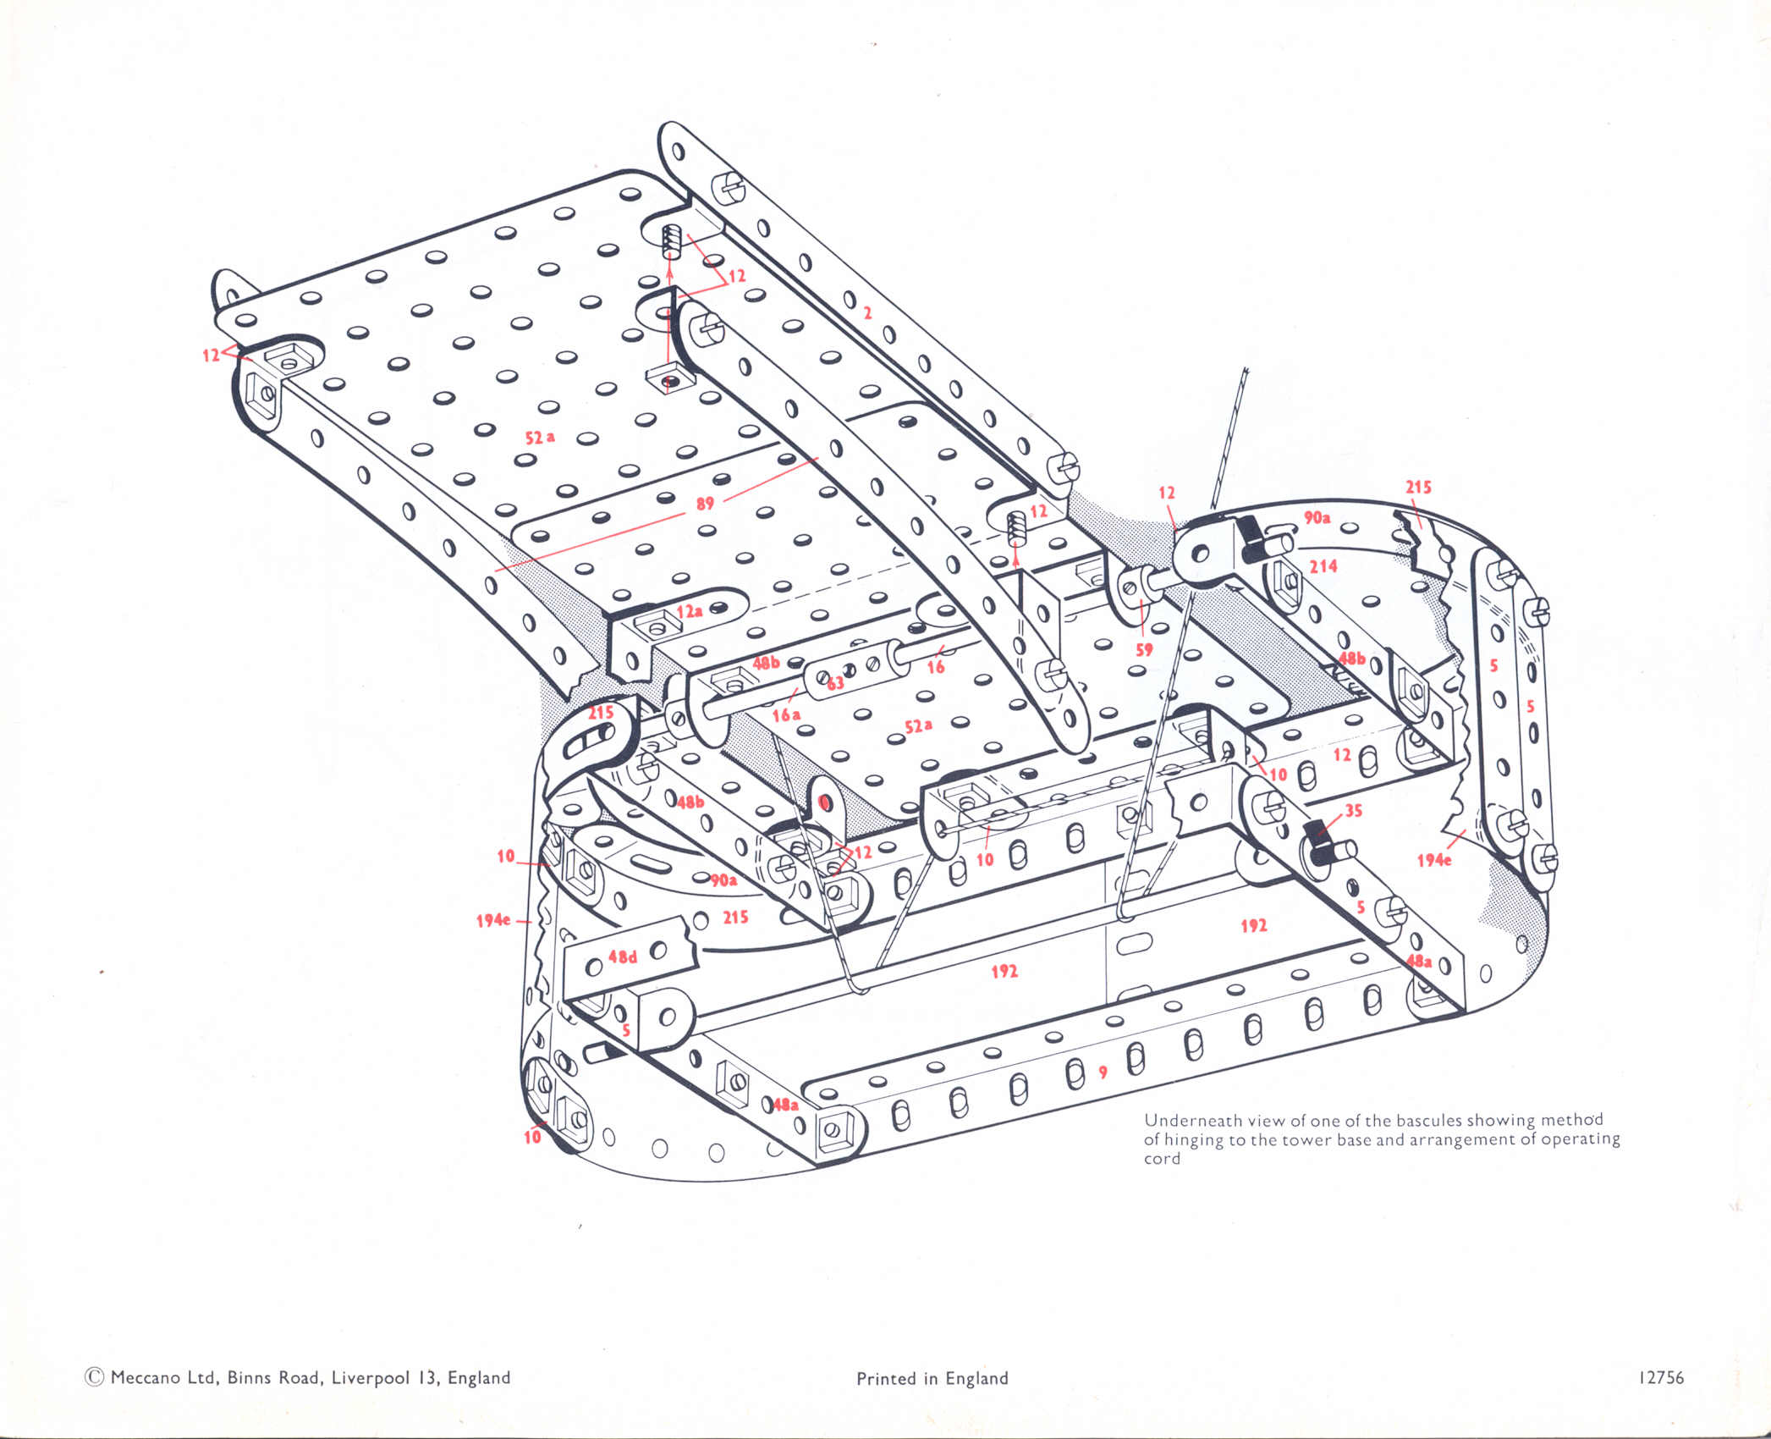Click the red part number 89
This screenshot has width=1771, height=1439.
705,504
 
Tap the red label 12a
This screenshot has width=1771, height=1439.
689,611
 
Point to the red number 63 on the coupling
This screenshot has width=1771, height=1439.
836,683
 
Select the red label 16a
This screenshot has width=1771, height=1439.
786,715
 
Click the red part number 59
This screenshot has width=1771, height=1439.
1144,650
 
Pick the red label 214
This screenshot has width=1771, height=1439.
1323,565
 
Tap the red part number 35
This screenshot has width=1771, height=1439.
1354,810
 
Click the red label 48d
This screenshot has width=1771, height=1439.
623,957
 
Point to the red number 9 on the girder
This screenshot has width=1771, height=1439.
1103,1072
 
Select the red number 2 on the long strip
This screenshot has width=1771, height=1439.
867,313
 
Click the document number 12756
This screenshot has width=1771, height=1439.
1661,1377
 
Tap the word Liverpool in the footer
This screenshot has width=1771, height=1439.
371,1377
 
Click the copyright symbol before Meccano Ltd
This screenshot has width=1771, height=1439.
94,1377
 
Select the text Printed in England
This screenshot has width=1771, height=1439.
932,1378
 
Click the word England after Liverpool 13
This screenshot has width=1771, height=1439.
479,1377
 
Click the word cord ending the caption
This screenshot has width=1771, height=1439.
1162,1159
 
